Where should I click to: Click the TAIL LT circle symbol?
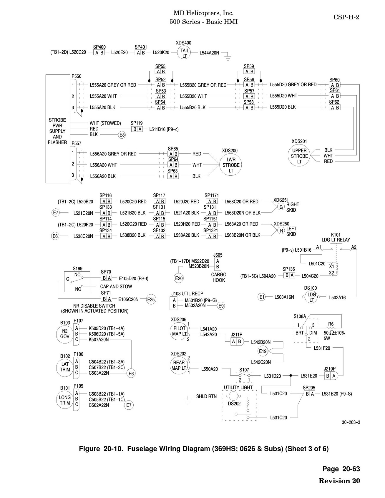point(185,53)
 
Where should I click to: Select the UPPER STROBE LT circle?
point(299,156)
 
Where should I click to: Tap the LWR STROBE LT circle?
point(231,165)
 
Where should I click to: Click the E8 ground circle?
point(122,135)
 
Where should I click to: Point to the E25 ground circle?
point(151,300)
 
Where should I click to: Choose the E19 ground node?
point(263,351)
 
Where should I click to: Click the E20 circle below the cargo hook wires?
point(179,278)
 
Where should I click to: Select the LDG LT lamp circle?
point(312,297)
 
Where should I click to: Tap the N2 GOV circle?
point(65,334)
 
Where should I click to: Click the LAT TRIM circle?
point(65,367)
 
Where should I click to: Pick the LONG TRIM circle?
point(65,400)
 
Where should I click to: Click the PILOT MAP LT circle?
point(179,331)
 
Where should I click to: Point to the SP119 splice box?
point(137,129)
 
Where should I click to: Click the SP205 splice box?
point(309,394)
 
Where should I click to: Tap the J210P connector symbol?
point(331,376)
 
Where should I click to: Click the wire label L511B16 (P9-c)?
point(164,129)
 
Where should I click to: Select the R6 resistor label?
point(331,324)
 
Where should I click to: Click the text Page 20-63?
point(341,469)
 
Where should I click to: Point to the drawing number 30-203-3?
point(351,422)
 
